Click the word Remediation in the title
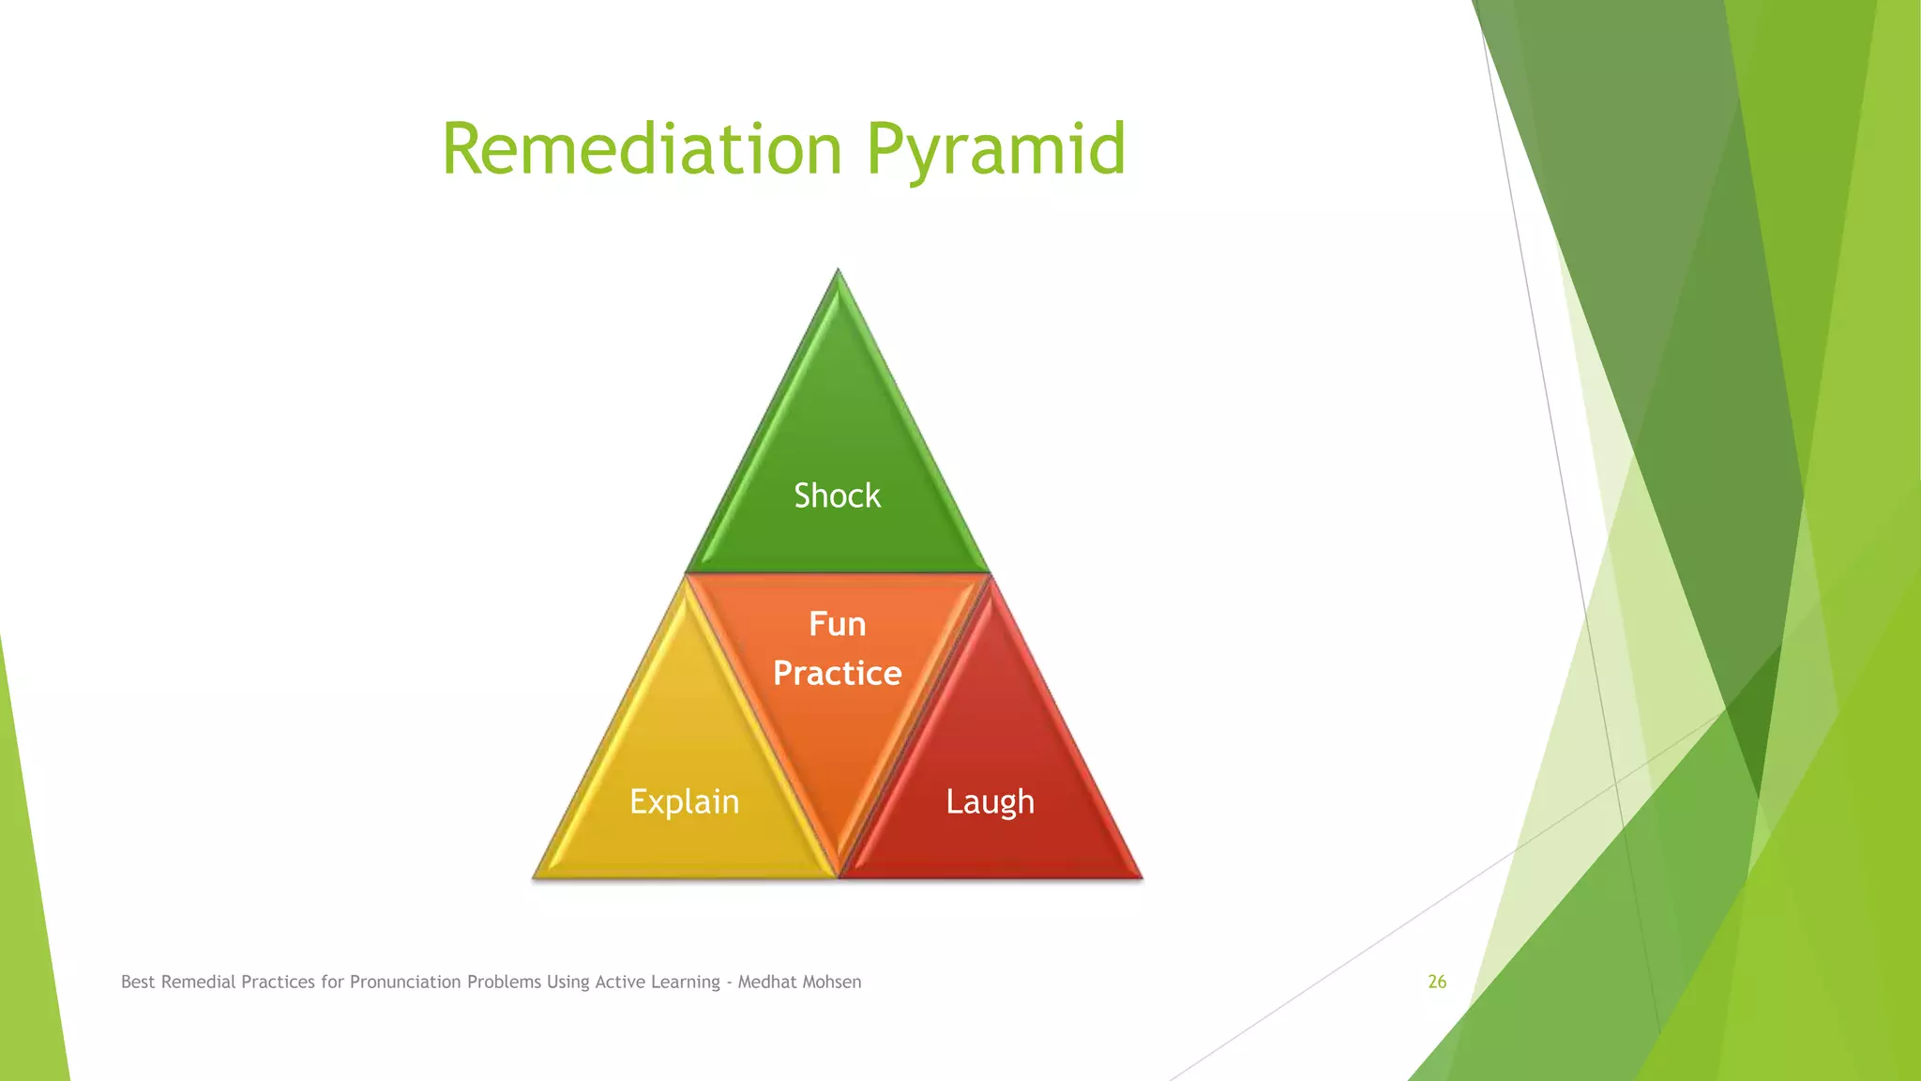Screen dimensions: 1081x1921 (x=642, y=150)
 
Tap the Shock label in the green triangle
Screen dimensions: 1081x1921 (x=837, y=495)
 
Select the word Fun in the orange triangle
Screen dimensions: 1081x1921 (x=837, y=624)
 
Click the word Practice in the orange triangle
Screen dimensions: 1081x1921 (x=837, y=674)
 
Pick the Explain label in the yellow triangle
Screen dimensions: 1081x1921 (x=684, y=801)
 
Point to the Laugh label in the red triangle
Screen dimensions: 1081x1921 (x=990, y=802)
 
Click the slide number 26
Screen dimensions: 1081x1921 (x=1437, y=982)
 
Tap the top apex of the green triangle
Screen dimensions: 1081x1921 (x=838, y=275)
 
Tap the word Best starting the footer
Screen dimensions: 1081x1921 (x=138, y=982)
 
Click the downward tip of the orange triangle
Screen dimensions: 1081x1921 (x=838, y=868)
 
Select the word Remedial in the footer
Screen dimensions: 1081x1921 (x=198, y=982)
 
